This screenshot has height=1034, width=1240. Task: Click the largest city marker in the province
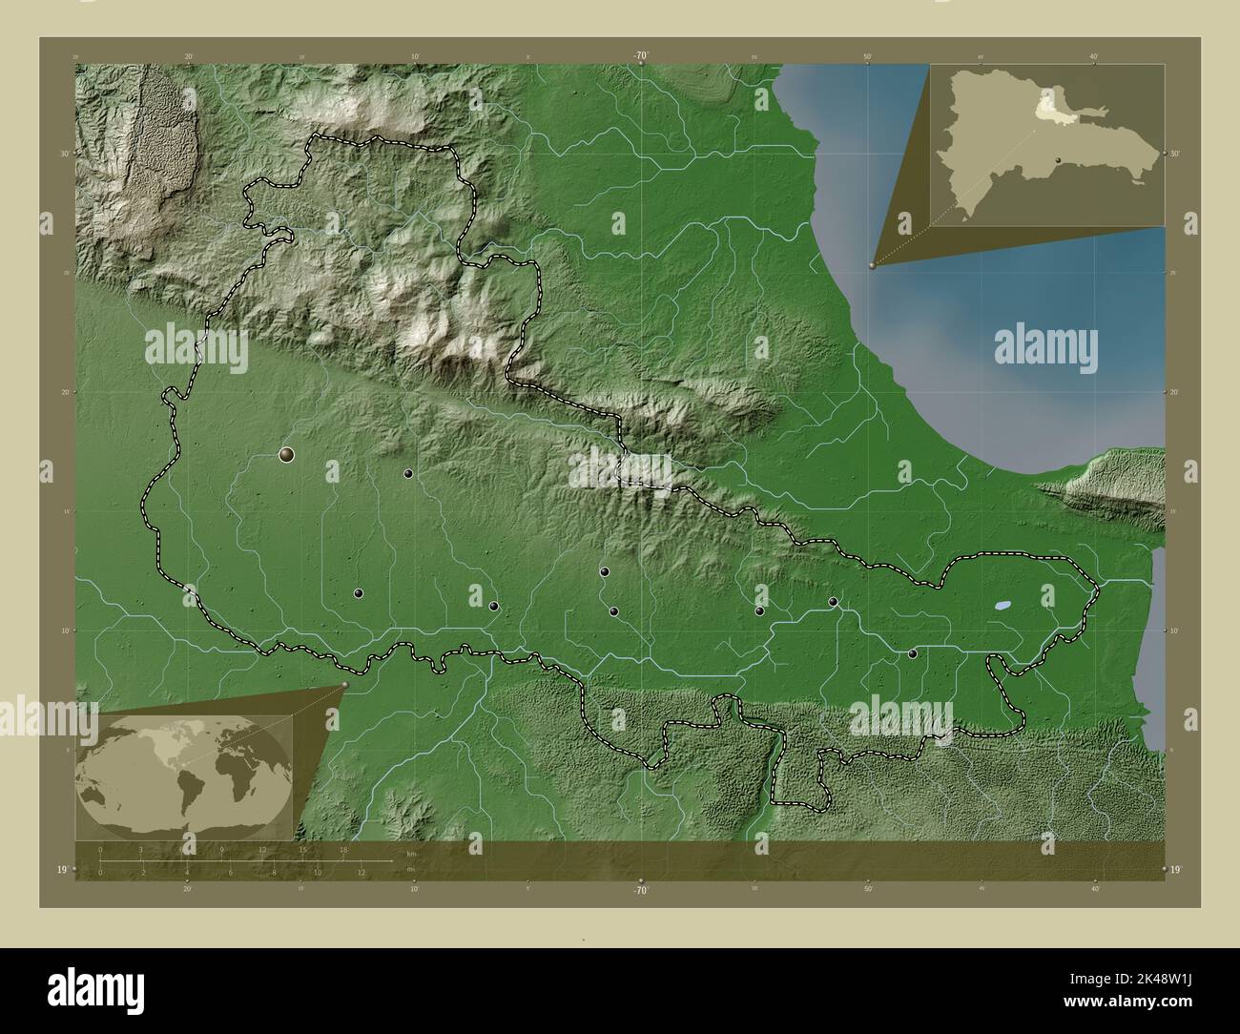point(286,455)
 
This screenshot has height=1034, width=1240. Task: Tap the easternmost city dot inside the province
point(913,653)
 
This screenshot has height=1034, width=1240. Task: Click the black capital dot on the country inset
point(1059,160)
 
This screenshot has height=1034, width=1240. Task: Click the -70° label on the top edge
point(641,56)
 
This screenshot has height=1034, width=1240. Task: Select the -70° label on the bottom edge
point(641,890)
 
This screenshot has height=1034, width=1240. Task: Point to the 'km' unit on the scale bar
point(411,853)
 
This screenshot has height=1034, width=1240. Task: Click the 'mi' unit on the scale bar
point(410,869)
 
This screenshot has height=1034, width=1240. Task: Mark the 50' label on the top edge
point(867,56)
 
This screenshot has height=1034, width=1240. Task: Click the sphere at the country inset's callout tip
point(872,266)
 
